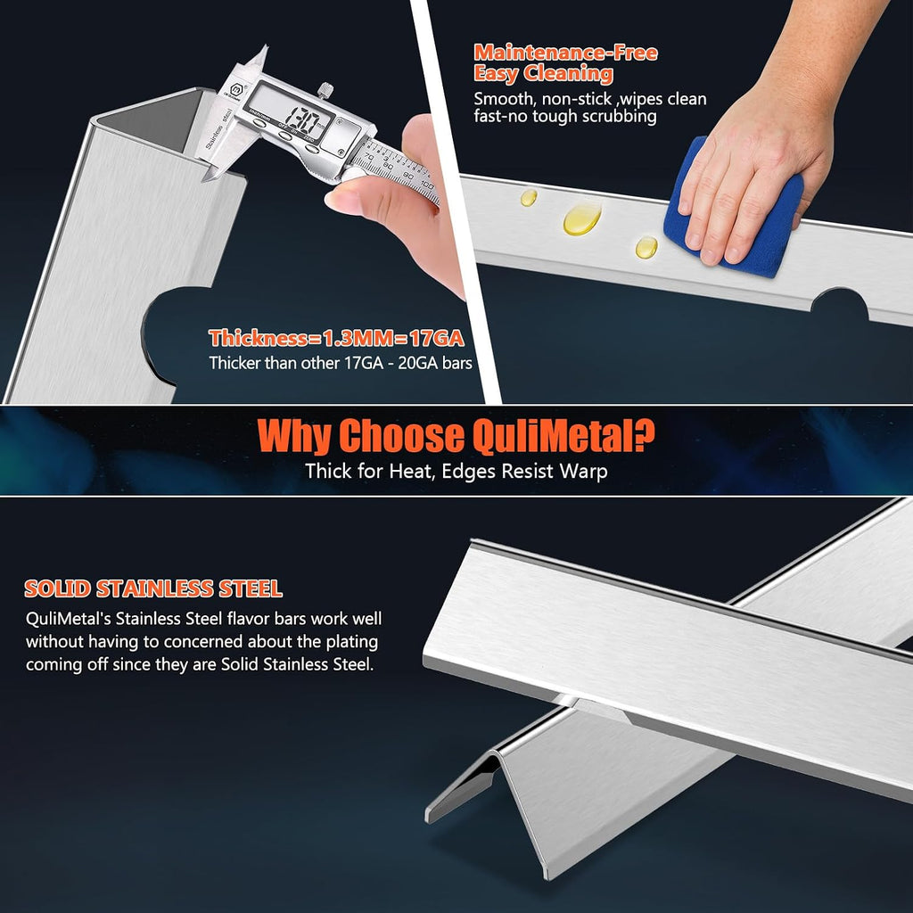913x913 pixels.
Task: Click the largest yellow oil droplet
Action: (x=581, y=219)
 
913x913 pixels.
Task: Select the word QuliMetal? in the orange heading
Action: (x=563, y=435)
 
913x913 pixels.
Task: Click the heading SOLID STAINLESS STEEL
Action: (x=153, y=588)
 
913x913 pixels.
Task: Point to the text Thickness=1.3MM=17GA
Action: (x=336, y=338)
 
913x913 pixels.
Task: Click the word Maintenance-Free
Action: (x=565, y=53)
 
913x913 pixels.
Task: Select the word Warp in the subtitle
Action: (x=583, y=471)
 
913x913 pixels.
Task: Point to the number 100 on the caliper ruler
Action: (x=426, y=185)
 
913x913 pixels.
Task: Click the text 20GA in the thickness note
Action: (x=417, y=364)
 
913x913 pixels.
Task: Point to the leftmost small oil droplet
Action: (x=529, y=197)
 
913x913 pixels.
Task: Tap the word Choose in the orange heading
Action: (x=401, y=435)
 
